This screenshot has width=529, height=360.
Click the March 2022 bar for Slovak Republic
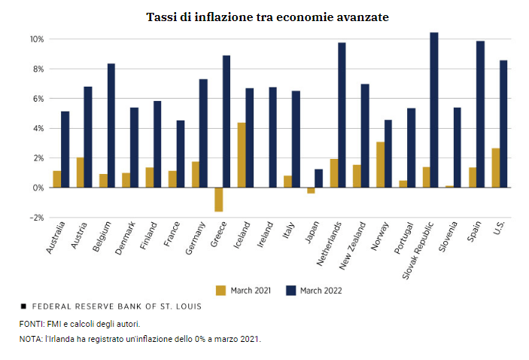434,110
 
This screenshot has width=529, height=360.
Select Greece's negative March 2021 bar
218,200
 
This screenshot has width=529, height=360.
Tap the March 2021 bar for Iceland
242,155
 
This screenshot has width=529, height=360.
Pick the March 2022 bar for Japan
318,178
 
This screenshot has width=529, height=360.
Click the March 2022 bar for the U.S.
503,124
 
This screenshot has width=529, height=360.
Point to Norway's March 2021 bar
380,165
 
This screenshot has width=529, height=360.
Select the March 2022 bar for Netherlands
342,115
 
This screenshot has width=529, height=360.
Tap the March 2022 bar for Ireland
272,137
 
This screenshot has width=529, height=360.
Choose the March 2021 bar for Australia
57,179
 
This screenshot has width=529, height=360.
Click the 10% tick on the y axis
36,39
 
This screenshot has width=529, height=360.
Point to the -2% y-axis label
35,218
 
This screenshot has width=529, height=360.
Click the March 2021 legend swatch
221,290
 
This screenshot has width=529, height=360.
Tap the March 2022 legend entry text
322,290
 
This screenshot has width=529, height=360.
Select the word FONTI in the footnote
32,323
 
